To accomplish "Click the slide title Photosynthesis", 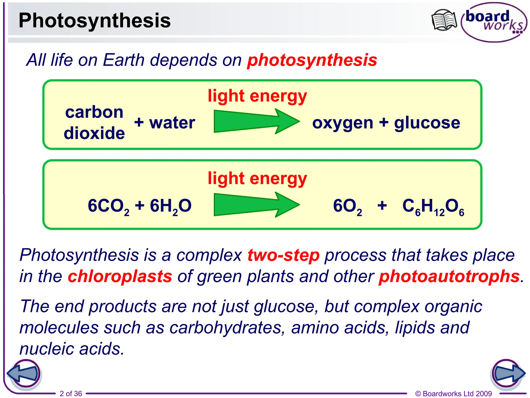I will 94,20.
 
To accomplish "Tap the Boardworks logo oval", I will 494,22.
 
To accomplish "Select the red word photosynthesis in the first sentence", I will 312,60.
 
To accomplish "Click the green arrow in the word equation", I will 256,121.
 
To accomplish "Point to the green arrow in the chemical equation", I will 256,205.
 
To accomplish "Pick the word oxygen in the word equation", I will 343,123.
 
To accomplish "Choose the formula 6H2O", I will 171,206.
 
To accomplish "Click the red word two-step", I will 283,255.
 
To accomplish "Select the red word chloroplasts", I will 120,276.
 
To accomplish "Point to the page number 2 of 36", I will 71,394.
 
